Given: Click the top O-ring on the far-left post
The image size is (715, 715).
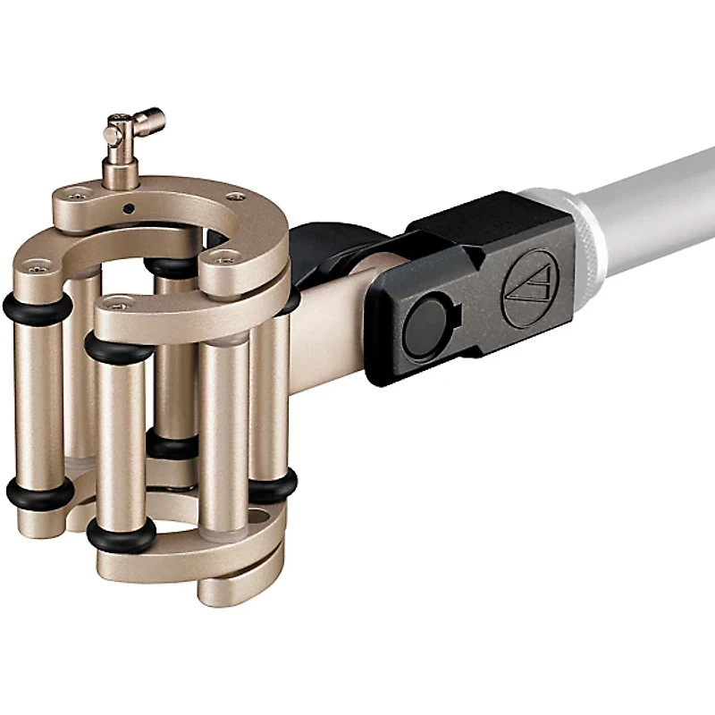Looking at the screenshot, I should tap(38, 308).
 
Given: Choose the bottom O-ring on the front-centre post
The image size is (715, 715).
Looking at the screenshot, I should tap(122, 534).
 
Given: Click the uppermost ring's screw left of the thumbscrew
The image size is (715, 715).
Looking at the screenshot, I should tap(81, 189).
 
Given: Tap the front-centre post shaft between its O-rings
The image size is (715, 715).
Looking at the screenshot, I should tap(121, 438).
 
